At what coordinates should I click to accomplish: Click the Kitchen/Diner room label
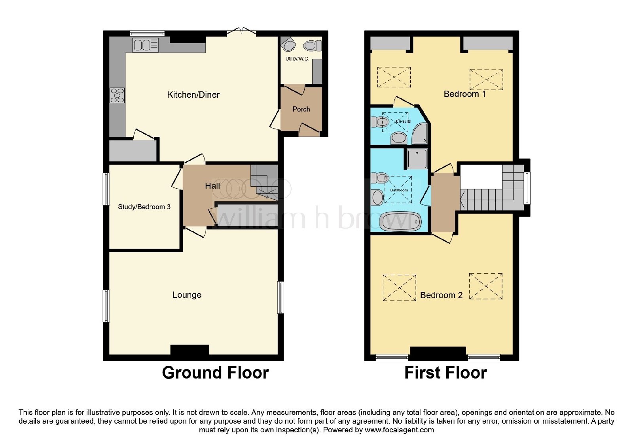tap(193, 95)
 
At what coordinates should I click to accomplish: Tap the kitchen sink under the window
tap(146, 45)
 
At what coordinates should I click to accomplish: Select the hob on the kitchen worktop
tap(117, 95)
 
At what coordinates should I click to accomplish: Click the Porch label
tap(301, 109)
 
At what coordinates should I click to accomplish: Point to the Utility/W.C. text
tap(297, 59)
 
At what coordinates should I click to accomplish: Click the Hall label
tap(212, 186)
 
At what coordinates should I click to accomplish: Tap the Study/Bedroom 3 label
tap(144, 207)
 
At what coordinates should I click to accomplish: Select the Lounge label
tap(187, 295)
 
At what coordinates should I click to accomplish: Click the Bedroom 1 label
tap(464, 94)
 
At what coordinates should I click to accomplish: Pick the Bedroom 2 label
tap(441, 295)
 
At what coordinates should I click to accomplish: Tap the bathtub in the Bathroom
tap(400, 222)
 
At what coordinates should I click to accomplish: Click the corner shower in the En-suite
tap(420, 134)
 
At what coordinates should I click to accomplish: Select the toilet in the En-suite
tap(380, 122)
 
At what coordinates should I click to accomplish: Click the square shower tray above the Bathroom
tap(417, 159)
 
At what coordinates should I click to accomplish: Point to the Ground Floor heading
tap(215, 373)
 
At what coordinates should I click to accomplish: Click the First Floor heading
tap(445, 373)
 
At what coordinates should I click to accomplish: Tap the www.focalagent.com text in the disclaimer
tap(399, 430)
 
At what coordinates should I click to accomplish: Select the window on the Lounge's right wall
tap(280, 297)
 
